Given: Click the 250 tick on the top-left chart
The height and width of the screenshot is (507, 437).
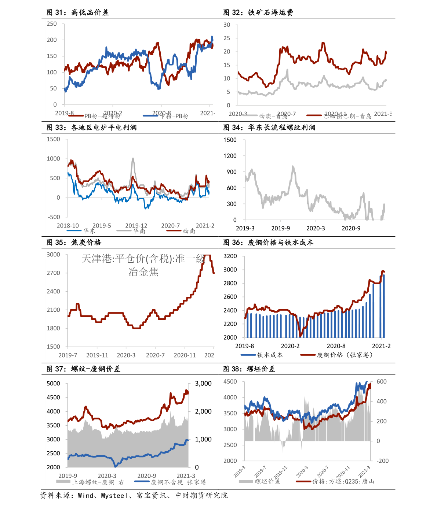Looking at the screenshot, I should (52, 24).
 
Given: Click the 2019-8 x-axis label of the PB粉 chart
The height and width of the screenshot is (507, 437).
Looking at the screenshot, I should (64, 113).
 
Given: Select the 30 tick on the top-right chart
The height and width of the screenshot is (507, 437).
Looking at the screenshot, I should (227, 25).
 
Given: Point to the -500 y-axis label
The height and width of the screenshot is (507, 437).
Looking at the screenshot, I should (54, 217).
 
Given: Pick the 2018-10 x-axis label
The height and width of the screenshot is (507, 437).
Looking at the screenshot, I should (68, 226).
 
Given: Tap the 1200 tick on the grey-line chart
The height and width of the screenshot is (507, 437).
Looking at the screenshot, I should (230, 156).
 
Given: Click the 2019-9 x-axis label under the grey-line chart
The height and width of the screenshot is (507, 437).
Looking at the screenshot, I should (281, 228).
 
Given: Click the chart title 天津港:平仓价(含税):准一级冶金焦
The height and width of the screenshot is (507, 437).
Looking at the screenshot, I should (143, 265).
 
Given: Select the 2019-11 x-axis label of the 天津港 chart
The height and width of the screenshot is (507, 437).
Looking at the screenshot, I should (97, 355).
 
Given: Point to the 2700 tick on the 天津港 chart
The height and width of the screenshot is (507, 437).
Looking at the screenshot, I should (53, 273).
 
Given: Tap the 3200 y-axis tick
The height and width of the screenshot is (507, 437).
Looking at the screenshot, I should (230, 256).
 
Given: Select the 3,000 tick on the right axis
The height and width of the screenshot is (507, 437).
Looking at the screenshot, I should (203, 384).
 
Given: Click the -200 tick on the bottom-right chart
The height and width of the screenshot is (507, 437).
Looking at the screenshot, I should (382, 461).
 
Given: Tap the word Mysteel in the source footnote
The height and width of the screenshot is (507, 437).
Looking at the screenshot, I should (114, 496).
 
